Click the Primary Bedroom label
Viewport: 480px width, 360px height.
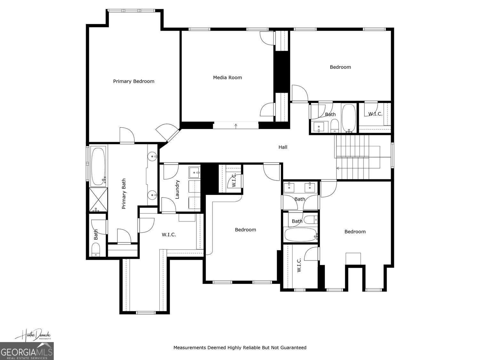pyautogui.click(x=133, y=81)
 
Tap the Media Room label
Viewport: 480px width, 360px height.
pyautogui.click(x=227, y=77)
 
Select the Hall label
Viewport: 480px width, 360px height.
pyautogui.click(x=283, y=147)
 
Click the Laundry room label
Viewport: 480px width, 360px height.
pyautogui.click(x=177, y=189)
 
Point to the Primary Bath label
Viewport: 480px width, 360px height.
pyautogui.click(x=124, y=194)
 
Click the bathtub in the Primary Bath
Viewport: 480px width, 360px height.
pyautogui.click(x=98, y=166)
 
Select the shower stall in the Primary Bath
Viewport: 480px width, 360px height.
pyautogui.click(x=98, y=200)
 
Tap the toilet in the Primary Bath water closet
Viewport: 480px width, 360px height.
pyautogui.click(x=96, y=250)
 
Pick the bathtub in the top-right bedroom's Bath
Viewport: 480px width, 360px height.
pyautogui.click(x=348, y=118)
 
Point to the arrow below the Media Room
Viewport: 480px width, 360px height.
pyautogui.click(x=236, y=125)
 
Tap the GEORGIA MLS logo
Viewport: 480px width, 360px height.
pyautogui.click(x=27, y=351)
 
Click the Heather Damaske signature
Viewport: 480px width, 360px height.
pyautogui.click(x=33, y=335)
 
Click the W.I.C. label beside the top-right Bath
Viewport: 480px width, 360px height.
pyautogui.click(x=375, y=114)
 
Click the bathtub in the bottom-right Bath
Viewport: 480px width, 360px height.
pyautogui.click(x=300, y=235)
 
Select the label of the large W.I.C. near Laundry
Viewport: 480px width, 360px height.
pyautogui.click(x=169, y=235)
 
